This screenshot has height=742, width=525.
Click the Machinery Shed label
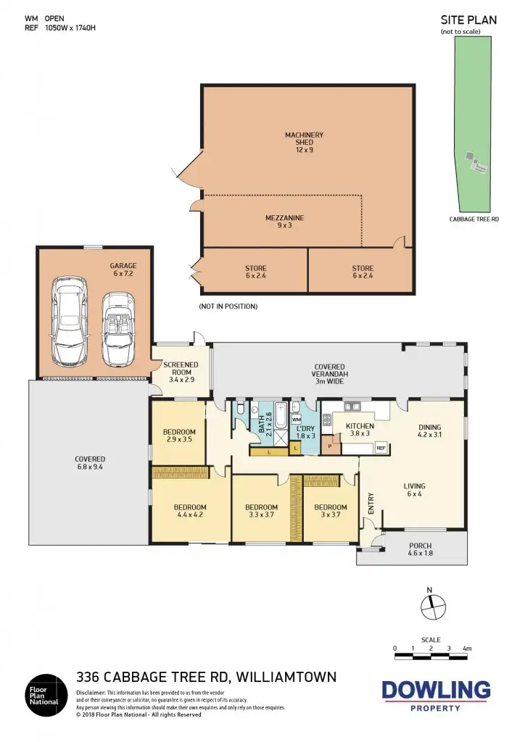point(304,142)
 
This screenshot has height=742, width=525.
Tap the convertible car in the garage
point(117,328)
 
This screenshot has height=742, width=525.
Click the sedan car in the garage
point(67,324)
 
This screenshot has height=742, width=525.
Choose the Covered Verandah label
point(329,372)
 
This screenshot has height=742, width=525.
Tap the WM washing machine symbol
point(297,420)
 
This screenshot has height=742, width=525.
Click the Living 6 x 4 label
point(415,491)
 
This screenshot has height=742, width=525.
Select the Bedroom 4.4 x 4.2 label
point(190,512)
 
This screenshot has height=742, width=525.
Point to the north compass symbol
point(433,606)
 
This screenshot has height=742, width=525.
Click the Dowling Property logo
point(436,694)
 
